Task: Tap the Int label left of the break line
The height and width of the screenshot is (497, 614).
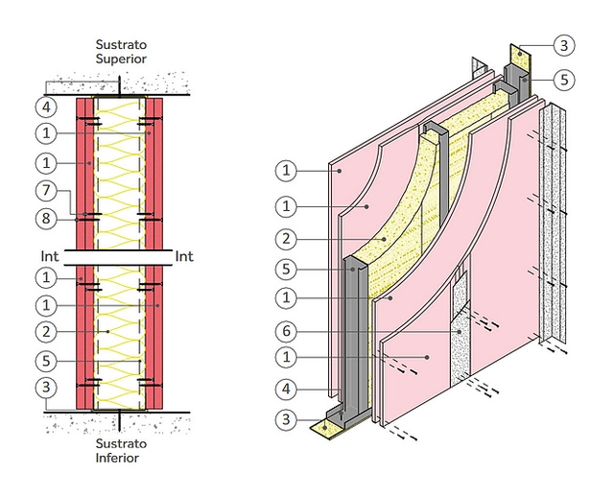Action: point(50,256)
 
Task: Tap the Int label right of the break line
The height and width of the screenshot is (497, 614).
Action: point(185,256)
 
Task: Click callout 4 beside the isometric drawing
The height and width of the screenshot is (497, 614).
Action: point(285,391)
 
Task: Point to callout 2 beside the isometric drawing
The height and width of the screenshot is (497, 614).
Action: point(285,237)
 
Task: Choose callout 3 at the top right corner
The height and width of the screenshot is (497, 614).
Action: point(565,45)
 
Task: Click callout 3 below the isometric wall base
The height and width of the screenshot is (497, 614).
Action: point(285,418)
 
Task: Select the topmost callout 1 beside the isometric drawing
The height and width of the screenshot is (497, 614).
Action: point(285,171)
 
